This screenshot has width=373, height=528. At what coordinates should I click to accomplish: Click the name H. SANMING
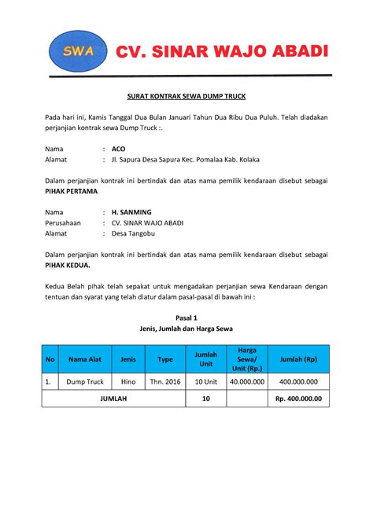131,212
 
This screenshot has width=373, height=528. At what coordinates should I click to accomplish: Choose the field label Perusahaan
64,223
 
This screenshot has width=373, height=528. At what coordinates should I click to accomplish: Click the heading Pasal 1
186,314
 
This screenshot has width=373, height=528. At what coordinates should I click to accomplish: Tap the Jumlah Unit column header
205,359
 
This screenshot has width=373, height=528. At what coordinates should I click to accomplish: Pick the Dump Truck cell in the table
85,382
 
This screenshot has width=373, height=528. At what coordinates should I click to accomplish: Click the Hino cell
128,382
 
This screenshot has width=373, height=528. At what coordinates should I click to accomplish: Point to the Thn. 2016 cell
165,382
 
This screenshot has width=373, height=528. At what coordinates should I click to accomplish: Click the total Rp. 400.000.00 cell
300,399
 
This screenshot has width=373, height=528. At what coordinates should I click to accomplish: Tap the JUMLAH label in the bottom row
113,399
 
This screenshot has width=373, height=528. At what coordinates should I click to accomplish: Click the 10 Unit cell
205,382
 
